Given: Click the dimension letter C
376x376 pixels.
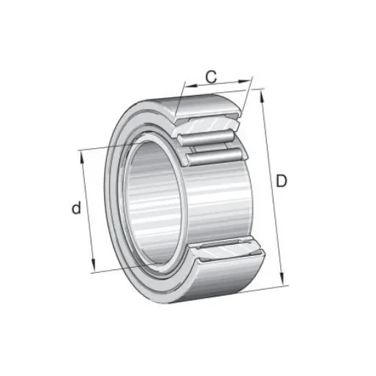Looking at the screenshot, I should (x=210, y=75).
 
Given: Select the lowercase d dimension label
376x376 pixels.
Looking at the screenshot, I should (x=76, y=209).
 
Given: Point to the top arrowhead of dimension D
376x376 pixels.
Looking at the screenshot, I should (x=262, y=91).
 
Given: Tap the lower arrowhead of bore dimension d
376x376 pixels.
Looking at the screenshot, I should (x=94, y=270).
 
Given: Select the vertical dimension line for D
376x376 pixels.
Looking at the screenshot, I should (x=273, y=184).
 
